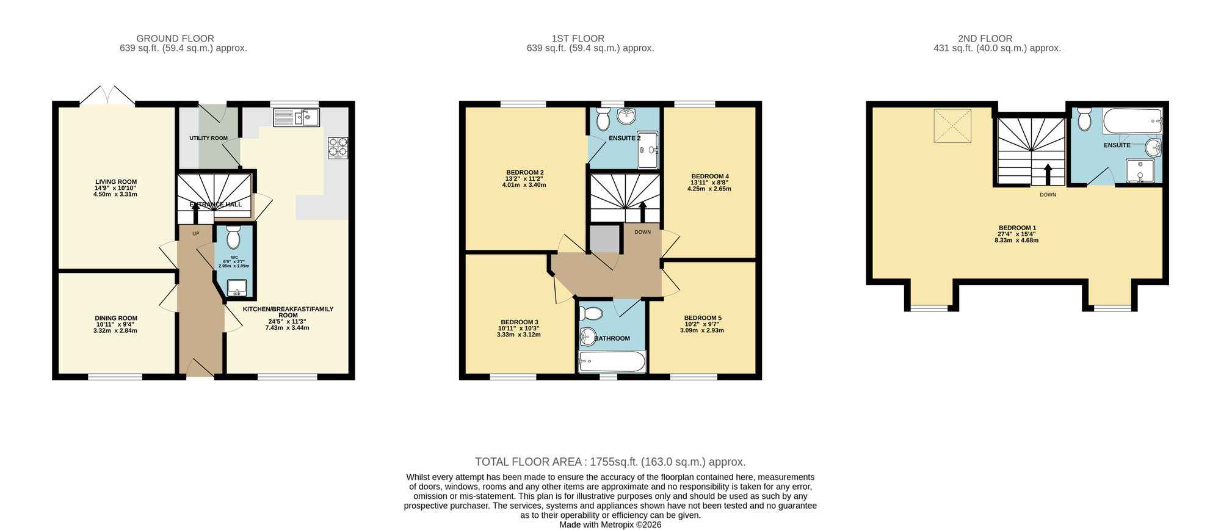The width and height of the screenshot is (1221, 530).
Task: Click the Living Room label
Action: coord(115,182)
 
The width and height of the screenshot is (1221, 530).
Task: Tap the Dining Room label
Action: coord(115,318)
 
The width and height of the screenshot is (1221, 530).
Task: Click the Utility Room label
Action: coord(208,138)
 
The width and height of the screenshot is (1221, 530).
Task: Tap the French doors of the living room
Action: coord(107,96)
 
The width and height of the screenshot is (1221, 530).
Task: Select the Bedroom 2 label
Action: coord(524,172)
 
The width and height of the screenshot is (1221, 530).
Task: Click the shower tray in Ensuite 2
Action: coord(648,150)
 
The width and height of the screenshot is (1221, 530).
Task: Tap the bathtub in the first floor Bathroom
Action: coord(612,362)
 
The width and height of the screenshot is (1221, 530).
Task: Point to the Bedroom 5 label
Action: coord(702,318)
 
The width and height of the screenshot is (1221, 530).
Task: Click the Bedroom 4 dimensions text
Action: coord(709,186)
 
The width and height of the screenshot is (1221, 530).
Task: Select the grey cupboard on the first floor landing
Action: coord(604,239)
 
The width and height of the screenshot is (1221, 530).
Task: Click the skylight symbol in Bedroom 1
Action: coord(952,126)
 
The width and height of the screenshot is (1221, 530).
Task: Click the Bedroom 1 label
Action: coord(1016,228)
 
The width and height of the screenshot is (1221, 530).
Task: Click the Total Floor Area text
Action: coord(610,462)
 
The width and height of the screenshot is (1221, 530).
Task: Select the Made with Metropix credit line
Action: coord(610,525)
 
